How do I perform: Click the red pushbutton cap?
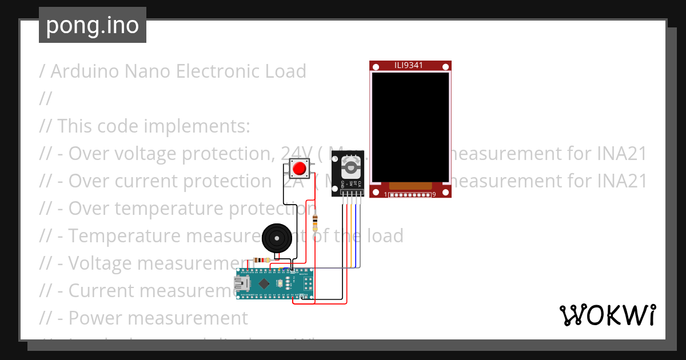coord(298,169)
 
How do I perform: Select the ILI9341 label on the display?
coord(409,65)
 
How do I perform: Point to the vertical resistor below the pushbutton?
coord(315,222)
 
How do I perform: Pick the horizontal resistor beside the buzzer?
coord(262,261)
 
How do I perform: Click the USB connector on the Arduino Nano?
coord(241,283)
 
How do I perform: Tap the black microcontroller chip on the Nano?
coord(264,283)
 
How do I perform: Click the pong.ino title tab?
coord(93,25)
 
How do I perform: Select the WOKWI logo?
coord(607,315)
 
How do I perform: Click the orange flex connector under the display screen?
coord(410,186)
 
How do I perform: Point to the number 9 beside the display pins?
coord(434,195)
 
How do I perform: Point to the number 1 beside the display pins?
coord(385,195)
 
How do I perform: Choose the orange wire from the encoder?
coord(351,234)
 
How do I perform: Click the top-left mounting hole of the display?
coord(376,67)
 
